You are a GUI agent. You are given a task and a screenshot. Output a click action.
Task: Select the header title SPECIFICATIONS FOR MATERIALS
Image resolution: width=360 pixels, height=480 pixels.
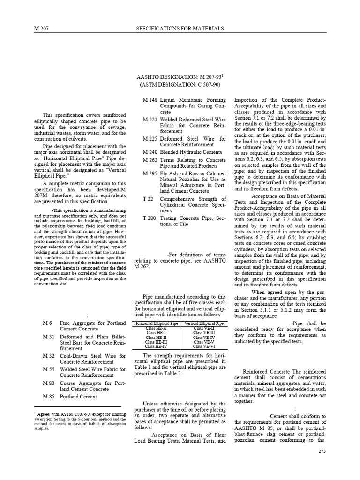pyautogui.click(x=180, y=29)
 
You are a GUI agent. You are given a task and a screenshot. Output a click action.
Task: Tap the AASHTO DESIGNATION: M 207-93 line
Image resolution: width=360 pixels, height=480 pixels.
pyautogui.click(x=180, y=76)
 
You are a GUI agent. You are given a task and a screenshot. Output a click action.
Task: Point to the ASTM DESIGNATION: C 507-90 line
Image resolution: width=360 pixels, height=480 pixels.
pyautogui.click(x=180, y=85)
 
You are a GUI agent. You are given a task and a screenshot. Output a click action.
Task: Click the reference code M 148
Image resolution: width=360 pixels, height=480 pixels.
pyautogui.click(x=150, y=100)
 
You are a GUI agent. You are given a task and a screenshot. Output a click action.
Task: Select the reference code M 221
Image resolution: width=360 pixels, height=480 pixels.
pyautogui.click(x=150, y=120)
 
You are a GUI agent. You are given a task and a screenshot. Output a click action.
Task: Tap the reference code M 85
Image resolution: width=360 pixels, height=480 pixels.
pyautogui.click(x=49, y=397)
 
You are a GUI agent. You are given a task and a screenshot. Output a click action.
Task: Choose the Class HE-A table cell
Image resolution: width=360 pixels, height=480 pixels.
pyautogui.click(x=156, y=328)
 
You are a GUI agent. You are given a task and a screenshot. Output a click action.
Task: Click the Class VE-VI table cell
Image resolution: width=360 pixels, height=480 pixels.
pyautogui.click(x=204, y=346)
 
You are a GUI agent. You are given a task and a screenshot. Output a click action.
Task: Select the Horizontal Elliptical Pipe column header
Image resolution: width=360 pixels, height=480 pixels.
pyautogui.click(x=156, y=323)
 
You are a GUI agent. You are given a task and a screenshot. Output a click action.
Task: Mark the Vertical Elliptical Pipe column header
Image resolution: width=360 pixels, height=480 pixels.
pyautogui.click(x=204, y=323)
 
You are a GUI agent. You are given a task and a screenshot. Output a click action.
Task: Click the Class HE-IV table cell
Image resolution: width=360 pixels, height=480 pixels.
pyautogui.click(x=156, y=346)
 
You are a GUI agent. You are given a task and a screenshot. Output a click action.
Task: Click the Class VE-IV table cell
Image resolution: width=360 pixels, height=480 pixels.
pyautogui.click(x=204, y=337)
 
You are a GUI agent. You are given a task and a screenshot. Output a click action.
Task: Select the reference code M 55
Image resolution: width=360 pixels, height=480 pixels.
pyautogui.click(x=49, y=370)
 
